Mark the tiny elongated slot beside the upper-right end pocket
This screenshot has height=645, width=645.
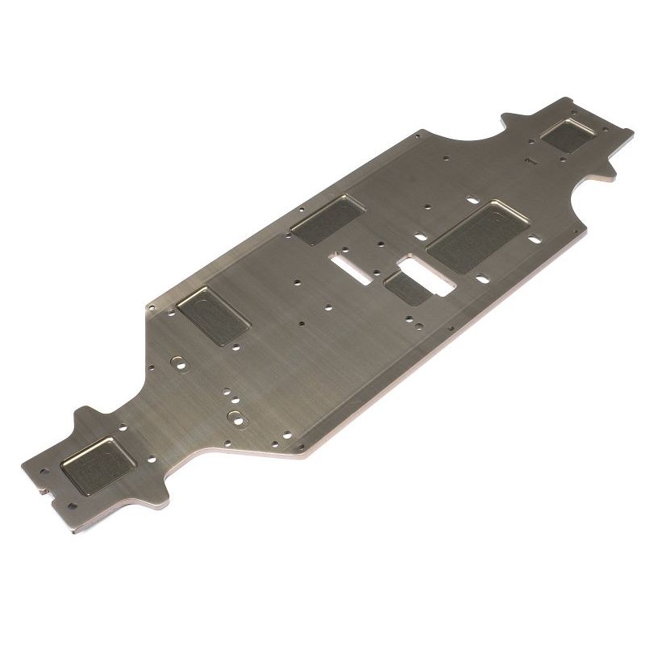point(531,162)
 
